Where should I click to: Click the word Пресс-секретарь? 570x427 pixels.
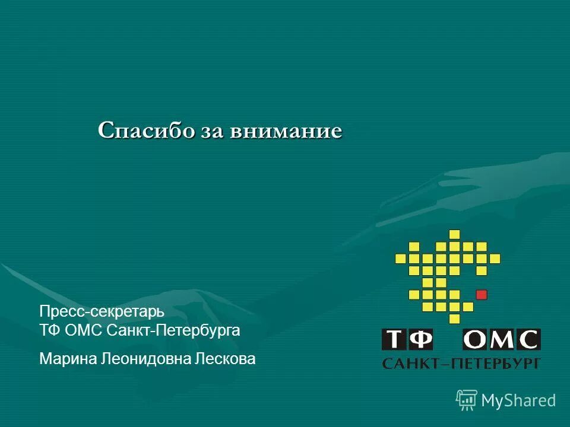coord(102,311)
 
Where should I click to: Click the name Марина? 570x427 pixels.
coord(66,358)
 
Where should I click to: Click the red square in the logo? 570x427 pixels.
coord(482,294)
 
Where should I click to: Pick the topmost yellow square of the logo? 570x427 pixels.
coord(455,234)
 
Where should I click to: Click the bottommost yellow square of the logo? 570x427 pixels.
coord(455,319)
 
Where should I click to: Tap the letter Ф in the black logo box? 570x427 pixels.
coord(421,340)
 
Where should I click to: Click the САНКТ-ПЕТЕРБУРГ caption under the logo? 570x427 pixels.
coord(461,363)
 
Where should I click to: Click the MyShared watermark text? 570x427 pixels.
coord(518,400)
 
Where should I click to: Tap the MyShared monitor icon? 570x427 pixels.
coord(467,400)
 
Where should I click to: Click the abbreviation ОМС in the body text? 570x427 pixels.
coord(84,330)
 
